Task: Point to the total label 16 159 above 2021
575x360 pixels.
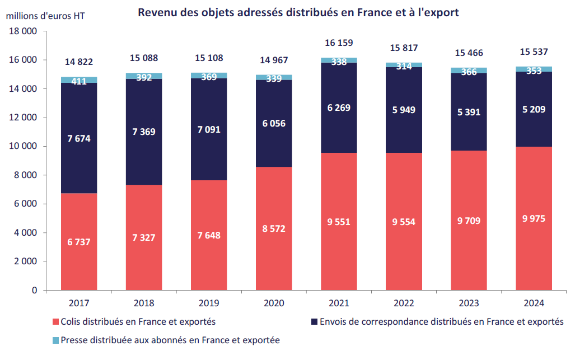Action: [339, 43]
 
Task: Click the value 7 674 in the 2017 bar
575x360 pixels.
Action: [79, 138]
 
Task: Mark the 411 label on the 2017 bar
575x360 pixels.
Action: [79, 82]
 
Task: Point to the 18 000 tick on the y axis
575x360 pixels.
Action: [23, 31]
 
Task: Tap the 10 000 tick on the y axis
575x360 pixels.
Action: [23, 147]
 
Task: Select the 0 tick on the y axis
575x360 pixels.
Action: [34, 291]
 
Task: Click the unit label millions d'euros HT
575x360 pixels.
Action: [46, 16]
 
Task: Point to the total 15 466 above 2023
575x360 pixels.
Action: [469, 53]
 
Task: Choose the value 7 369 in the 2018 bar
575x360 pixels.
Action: [144, 132]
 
